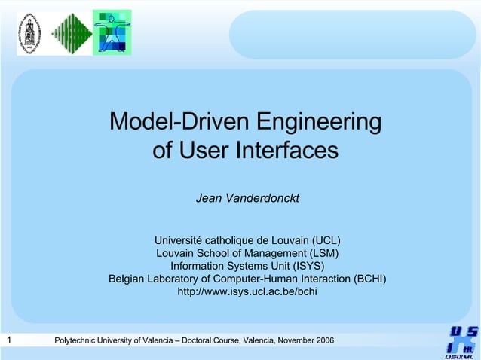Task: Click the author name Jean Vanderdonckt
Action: click(x=247, y=198)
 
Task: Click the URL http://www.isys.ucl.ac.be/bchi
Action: click(x=247, y=291)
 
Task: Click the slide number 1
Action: click(x=8, y=340)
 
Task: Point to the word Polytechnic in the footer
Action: click(x=78, y=341)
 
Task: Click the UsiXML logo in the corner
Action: click(x=460, y=343)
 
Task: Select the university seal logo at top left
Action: click(x=31, y=32)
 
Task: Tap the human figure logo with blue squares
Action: click(x=112, y=32)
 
